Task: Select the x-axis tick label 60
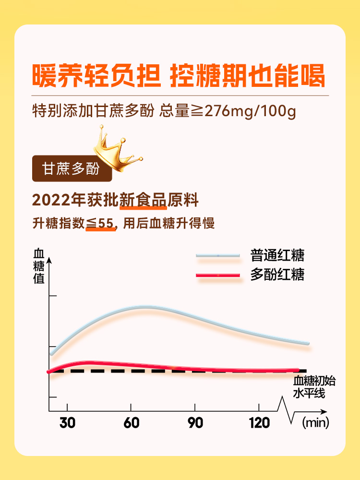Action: coord(131,423)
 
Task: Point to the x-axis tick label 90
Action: coord(195,423)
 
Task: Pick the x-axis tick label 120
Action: coord(259,423)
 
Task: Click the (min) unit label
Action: coord(314,423)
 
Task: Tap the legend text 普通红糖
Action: coord(277,255)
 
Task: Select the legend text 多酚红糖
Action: coord(277,275)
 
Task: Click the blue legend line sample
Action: coord(217,255)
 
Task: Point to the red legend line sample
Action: coord(217,275)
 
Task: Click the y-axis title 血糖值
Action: coord(39,266)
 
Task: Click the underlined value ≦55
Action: coord(101,223)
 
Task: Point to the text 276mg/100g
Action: coord(250,111)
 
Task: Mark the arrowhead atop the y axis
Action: coord(49,262)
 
